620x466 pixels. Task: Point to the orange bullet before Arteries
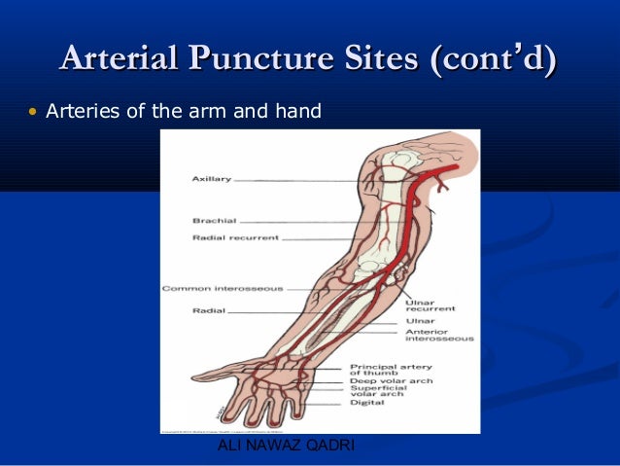pos(32,113)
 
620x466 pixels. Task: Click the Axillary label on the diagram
pos(211,180)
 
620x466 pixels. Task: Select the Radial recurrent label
pos(236,237)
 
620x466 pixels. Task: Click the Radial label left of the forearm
pos(208,311)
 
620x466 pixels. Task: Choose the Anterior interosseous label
pos(438,335)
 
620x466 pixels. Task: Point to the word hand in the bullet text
pos(296,113)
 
